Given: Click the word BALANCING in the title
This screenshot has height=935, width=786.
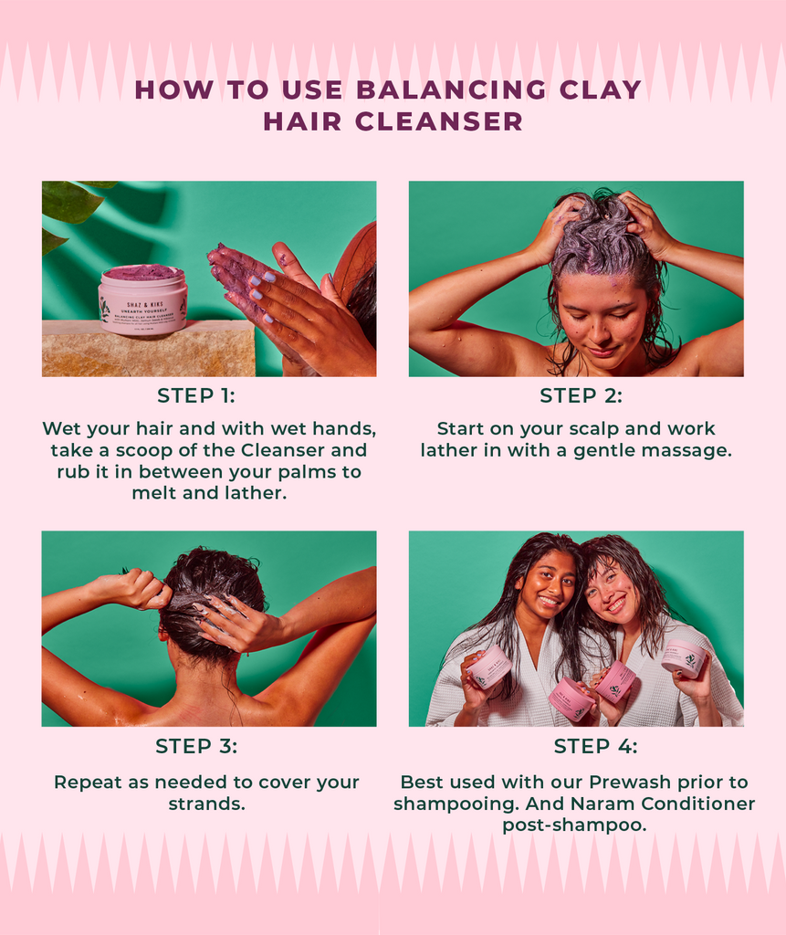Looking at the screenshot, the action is coord(451,89).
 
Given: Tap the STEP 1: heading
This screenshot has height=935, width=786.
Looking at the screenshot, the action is coord(196,395).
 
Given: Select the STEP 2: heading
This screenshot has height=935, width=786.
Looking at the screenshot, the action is coord(581,395).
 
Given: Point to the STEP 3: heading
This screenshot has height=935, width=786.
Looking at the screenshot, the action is coord(196,746).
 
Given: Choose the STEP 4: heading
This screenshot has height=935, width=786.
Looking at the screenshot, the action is coord(595,746).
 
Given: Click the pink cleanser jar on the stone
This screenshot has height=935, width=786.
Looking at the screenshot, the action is coord(143,299).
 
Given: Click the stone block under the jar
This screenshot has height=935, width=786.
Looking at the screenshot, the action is coord(148,349).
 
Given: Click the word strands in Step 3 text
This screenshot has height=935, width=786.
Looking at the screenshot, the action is coord(206,804).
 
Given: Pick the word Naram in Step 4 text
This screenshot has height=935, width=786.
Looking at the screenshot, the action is coord(603,804).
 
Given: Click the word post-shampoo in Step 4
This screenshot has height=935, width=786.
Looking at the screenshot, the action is coord(574,825).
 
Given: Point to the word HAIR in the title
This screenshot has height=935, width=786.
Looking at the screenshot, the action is coord(302,122).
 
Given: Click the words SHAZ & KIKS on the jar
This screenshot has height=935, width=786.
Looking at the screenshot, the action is coord(145,304).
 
